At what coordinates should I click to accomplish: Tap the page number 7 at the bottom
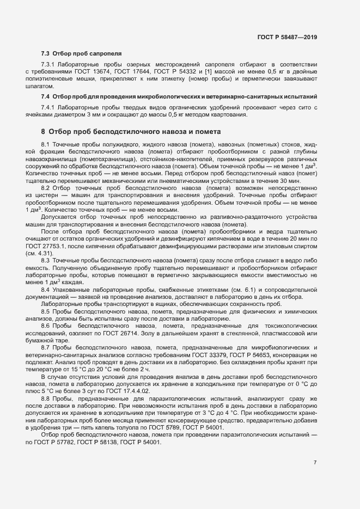point(315,463)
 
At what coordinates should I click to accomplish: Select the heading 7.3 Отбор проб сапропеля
point(81,54)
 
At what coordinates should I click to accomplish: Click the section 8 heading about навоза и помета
point(131,132)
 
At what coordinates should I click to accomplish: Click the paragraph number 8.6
point(46,326)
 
